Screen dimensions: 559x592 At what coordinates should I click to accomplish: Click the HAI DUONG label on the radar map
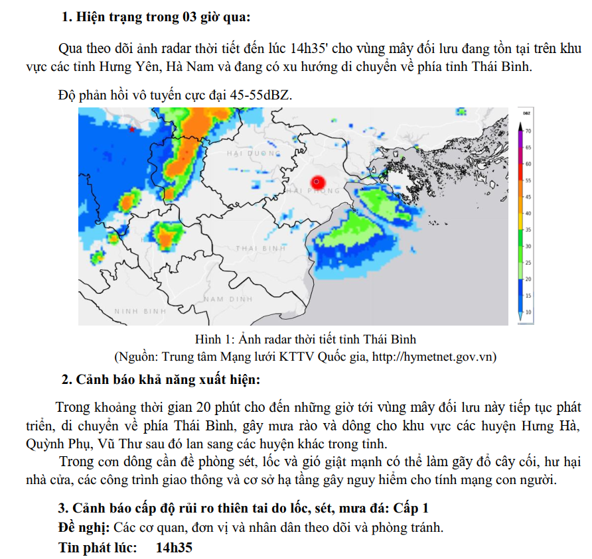246,153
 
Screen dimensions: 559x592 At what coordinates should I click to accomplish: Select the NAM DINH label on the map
228,299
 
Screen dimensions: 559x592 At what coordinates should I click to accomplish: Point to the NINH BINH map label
140,310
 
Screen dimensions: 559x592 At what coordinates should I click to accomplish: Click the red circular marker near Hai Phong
317,181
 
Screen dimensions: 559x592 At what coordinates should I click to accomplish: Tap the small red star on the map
132,129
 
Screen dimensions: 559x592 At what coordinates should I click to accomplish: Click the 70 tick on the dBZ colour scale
528,131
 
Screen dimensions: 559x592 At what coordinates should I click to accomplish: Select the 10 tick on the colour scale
528,312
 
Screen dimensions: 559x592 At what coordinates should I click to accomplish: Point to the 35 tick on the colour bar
528,229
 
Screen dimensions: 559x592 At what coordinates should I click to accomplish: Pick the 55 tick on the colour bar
528,180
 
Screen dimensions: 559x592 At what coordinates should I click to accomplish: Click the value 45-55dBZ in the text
260,95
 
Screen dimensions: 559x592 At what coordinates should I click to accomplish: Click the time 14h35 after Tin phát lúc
174,548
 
